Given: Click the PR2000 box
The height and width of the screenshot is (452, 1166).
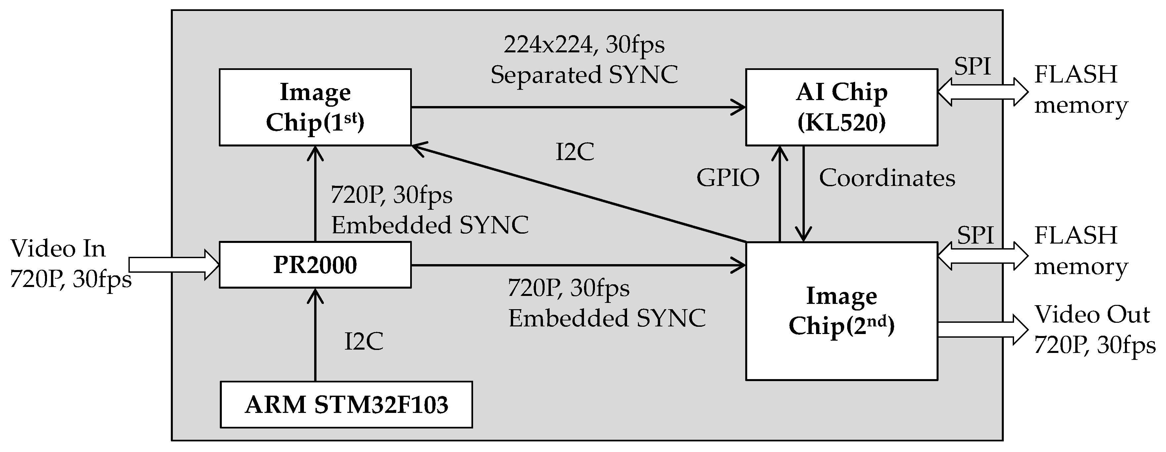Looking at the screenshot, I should tap(315, 265).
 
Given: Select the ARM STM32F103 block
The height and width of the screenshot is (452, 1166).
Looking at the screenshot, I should tap(346, 404).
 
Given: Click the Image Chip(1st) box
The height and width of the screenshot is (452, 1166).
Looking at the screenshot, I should tap(315, 107).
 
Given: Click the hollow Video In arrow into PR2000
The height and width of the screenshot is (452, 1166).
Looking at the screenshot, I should tap(174, 265).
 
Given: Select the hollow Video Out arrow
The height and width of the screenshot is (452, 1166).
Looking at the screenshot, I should tap(982, 329).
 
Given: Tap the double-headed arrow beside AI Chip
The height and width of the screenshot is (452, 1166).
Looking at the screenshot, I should tap(982, 92).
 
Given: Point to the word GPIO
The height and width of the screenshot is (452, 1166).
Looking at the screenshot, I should tap(727, 178).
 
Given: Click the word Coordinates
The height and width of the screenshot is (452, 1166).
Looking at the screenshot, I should tap(887, 178).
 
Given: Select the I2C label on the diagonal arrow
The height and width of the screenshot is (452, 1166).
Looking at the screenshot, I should tap(574, 152).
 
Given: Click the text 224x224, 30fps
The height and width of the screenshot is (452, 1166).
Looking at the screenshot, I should tap(584, 44).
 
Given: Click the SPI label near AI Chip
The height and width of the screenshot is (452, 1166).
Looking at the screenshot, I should tap(972, 66).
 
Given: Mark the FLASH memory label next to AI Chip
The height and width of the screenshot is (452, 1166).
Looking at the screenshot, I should tap(1081, 90).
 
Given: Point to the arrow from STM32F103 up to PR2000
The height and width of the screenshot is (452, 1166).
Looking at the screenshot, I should tap(315, 335).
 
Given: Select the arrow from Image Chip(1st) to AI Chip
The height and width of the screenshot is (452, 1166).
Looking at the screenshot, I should tap(578, 107).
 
